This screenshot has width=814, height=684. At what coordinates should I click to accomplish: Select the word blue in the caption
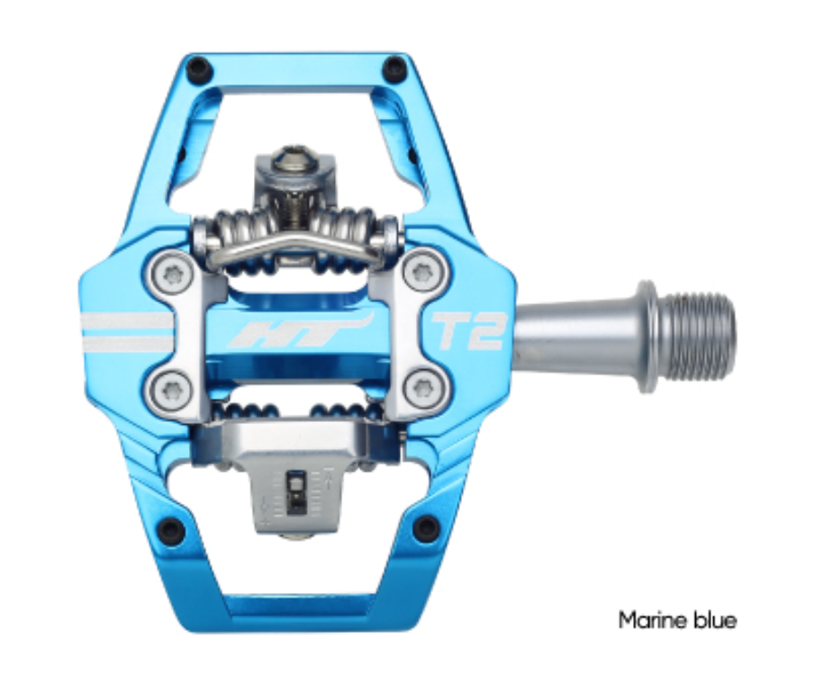pyautogui.click(x=715, y=620)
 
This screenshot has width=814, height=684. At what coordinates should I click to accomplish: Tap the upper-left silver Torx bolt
pyautogui.click(x=170, y=272)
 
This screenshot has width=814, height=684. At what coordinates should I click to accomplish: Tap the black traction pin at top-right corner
pyautogui.click(x=393, y=68)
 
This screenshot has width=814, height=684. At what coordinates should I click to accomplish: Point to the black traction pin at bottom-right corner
pyautogui.click(x=424, y=528)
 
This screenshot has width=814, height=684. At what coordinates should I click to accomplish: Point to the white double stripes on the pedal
pyautogui.click(x=126, y=331)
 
